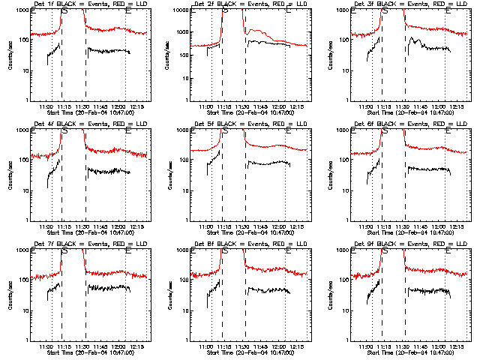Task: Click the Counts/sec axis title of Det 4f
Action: point(10,174)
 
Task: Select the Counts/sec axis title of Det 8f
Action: point(169,294)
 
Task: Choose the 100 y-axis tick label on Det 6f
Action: point(338,160)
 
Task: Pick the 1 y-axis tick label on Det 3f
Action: point(344,100)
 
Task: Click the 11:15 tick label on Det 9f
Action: point(384,347)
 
